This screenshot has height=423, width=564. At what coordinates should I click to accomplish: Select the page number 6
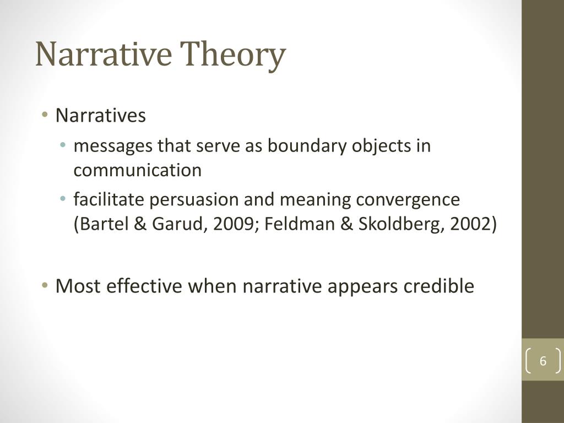coord(543,362)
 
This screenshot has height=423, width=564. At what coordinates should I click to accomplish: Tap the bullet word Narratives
coord(101,116)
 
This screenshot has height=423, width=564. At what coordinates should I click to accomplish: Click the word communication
coord(138,170)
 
